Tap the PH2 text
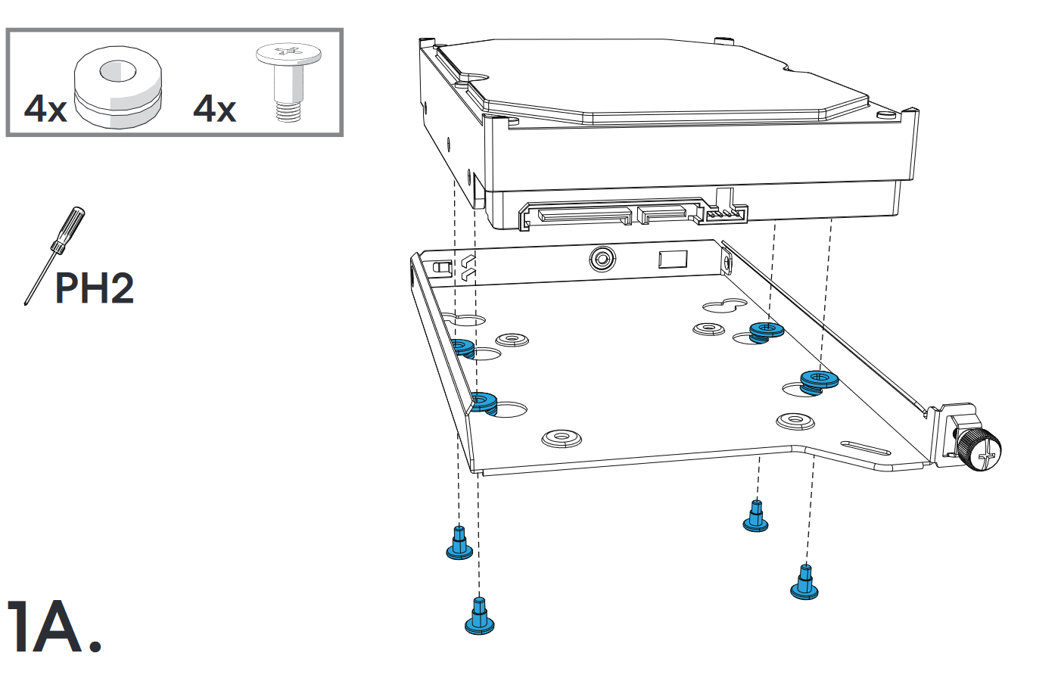click(95, 288)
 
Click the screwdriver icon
click(54, 256)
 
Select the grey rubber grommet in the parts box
click(117, 87)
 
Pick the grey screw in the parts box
click(288, 83)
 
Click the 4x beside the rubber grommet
click(45, 109)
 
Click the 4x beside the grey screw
click(214, 109)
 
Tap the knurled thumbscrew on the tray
click(979, 450)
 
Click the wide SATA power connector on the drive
click(584, 215)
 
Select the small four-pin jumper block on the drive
click(723, 215)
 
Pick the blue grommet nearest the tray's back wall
click(766, 332)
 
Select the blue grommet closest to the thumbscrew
click(819, 381)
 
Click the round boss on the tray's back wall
click(602, 259)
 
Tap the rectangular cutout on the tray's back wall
click(673, 260)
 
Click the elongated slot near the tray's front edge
click(865, 448)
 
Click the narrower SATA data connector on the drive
click(661, 215)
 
